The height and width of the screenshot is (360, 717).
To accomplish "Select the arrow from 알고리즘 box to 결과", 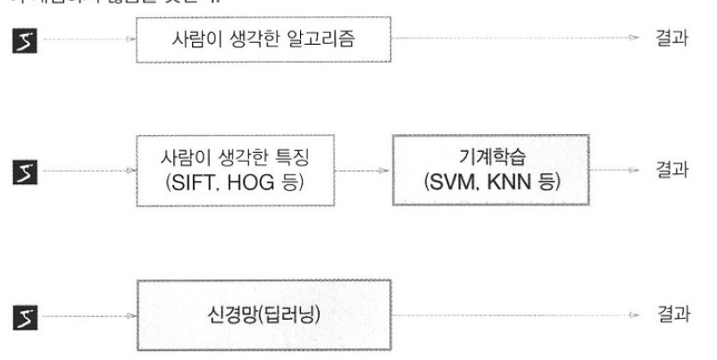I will [x=517, y=39].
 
